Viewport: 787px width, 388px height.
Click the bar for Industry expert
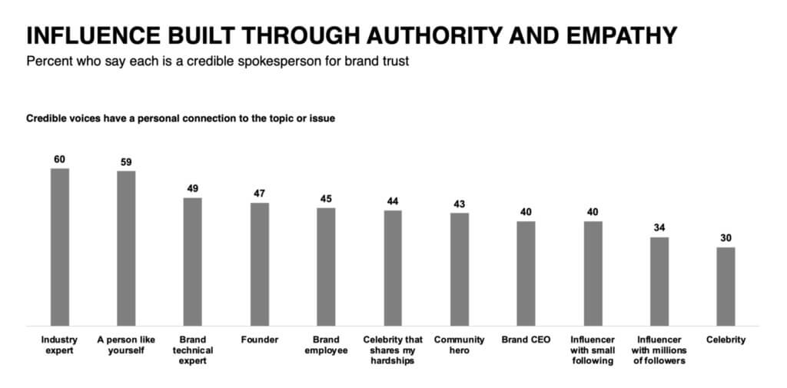60,246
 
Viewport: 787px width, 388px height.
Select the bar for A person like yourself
126,247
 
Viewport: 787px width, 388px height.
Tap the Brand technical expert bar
192,261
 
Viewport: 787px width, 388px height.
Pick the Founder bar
259,264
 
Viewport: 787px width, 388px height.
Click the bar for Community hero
460,269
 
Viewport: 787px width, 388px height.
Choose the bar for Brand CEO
526,273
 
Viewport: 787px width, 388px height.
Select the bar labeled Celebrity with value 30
726,286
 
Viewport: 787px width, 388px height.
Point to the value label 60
60,159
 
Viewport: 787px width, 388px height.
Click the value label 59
126,162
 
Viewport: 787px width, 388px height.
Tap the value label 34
659,228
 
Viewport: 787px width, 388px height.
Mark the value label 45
326,199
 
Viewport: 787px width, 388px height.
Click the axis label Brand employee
326,345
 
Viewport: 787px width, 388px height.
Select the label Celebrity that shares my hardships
393,350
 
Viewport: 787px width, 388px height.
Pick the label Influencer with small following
593,350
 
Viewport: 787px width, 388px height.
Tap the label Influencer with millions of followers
659,350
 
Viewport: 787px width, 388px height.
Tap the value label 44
393,201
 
